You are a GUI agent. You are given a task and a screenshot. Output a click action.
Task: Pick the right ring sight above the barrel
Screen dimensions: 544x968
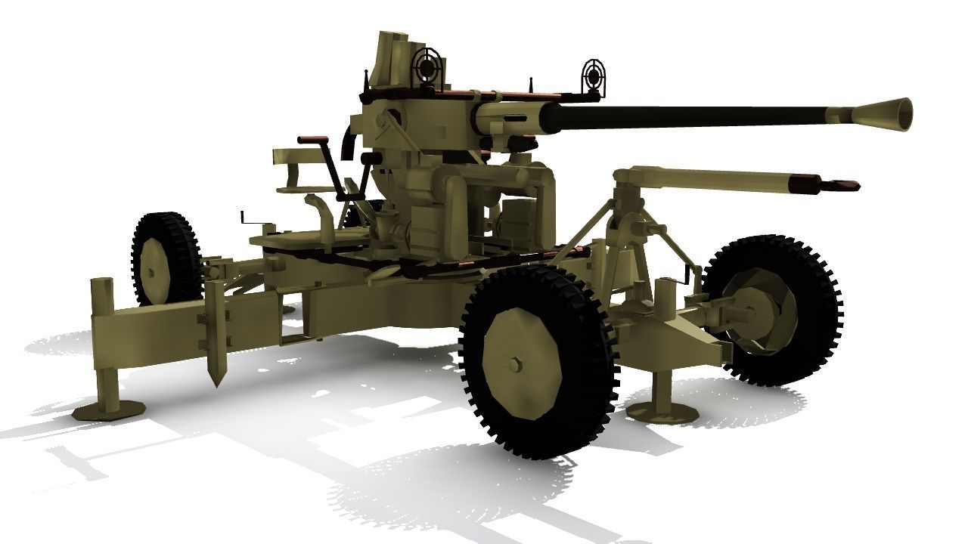(594, 76)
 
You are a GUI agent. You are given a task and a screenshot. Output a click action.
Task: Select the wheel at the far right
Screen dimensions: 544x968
(771, 310)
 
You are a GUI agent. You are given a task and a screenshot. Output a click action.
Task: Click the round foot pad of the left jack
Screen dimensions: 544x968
(110, 408)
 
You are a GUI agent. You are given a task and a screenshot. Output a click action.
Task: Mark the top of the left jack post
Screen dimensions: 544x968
(101, 285)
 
